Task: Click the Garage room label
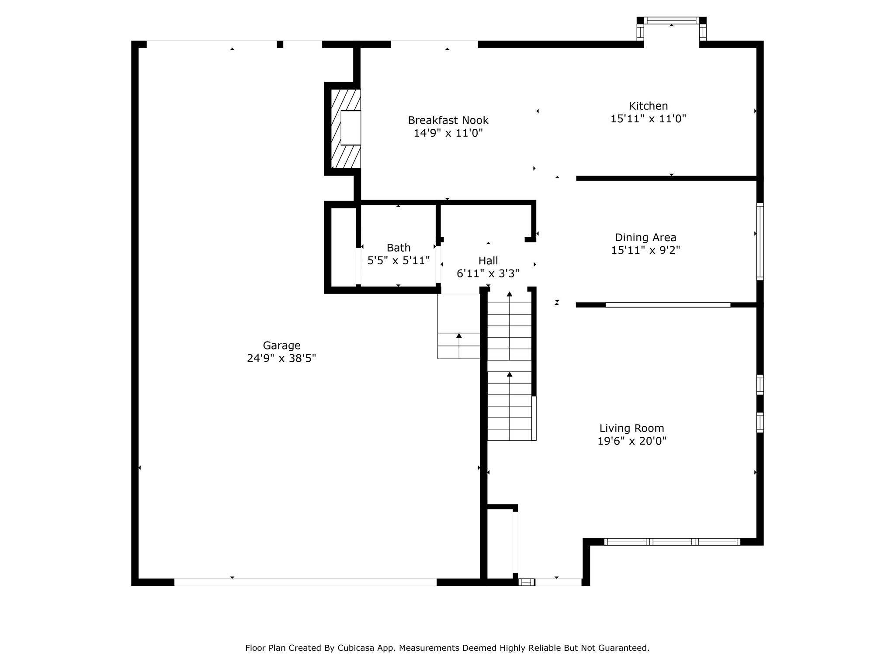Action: pyautogui.click(x=281, y=346)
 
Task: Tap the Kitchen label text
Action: pyautogui.click(x=648, y=106)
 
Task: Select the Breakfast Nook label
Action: pyautogui.click(x=448, y=120)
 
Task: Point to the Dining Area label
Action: pyautogui.click(x=645, y=238)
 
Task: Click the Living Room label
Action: pyautogui.click(x=631, y=429)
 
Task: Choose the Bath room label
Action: pyautogui.click(x=399, y=248)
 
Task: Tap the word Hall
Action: pyautogui.click(x=488, y=261)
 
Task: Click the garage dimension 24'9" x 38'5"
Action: pyautogui.click(x=281, y=358)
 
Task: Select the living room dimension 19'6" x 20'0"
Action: pyautogui.click(x=631, y=441)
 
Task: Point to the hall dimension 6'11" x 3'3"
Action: pyautogui.click(x=488, y=273)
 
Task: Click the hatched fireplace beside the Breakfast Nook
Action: pyautogui.click(x=346, y=128)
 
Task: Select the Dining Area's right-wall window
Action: pyautogui.click(x=760, y=242)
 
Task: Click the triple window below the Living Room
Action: pyautogui.click(x=672, y=542)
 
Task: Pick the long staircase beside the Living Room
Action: pyautogui.click(x=510, y=366)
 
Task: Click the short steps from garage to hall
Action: pyautogui.click(x=459, y=346)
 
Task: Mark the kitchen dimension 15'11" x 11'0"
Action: pyautogui.click(x=648, y=118)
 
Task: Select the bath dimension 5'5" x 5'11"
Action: pyautogui.click(x=399, y=260)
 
